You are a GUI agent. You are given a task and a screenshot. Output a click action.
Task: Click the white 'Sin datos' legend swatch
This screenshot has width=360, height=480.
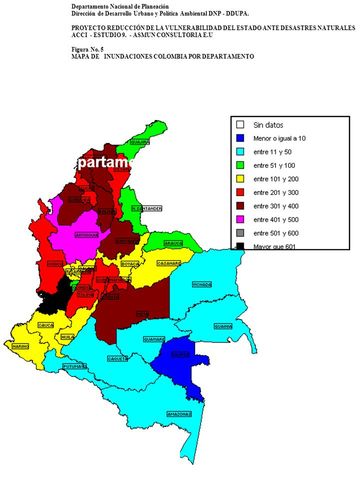click(241, 124)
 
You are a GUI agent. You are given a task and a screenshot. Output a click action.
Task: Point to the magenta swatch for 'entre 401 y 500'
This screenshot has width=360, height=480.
click(241, 213)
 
